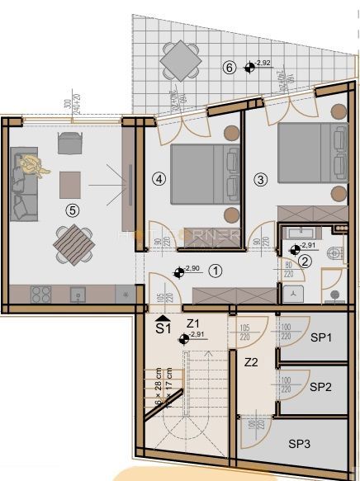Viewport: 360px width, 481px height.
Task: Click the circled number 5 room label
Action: pyautogui.click(x=73, y=210)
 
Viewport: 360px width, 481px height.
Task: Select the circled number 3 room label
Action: pyautogui.click(x=260, y=178)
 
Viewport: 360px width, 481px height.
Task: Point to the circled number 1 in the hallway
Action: pyautogui.click(x=215, y=269)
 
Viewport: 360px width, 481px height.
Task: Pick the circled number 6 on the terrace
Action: pyautogui.click(x=230, y=68)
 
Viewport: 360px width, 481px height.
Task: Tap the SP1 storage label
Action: pyautogui.click(x=322, y=337)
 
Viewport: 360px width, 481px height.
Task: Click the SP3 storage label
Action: pyautogui.click(x=300, y=444)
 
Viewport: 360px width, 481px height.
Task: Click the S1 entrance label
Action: pyautogui.click(x=164, y=327)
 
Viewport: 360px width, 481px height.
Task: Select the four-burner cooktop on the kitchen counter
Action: pyautogui.click(x=40, y=295)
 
